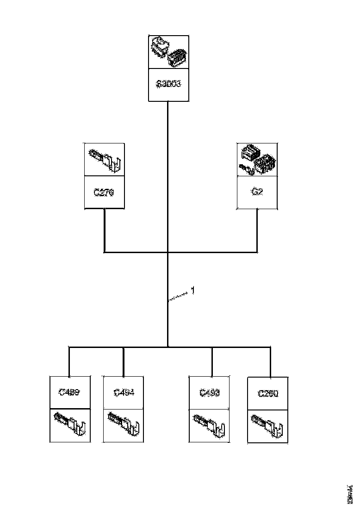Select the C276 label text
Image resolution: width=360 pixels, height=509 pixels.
coord(104,192)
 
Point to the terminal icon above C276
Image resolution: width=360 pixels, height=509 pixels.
coord(105,160)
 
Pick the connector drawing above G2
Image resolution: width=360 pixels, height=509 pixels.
coord(257,160)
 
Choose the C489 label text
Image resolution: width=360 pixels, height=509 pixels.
coord(69,393)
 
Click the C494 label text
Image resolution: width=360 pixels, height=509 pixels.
coord(124,393)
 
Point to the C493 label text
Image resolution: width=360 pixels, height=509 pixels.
coord(210,393)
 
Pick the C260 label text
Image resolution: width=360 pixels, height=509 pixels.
coord(268,394)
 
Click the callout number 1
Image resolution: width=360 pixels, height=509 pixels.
coord(193,291)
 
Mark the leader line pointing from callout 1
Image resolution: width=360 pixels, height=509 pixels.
coord(180,296)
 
